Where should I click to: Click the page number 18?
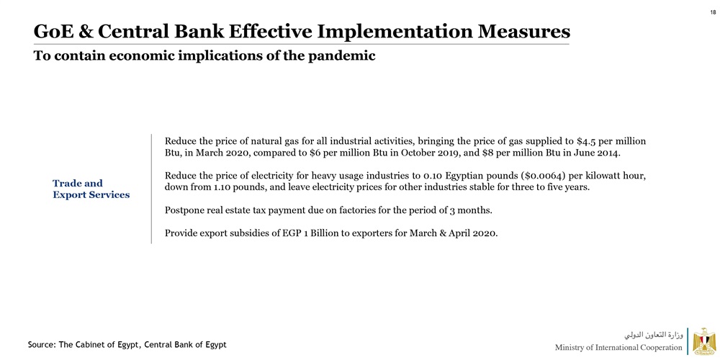(712, 12)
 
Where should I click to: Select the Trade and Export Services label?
(91, 189)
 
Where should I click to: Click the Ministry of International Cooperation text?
(618, 348)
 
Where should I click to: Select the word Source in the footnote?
(42, 345)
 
